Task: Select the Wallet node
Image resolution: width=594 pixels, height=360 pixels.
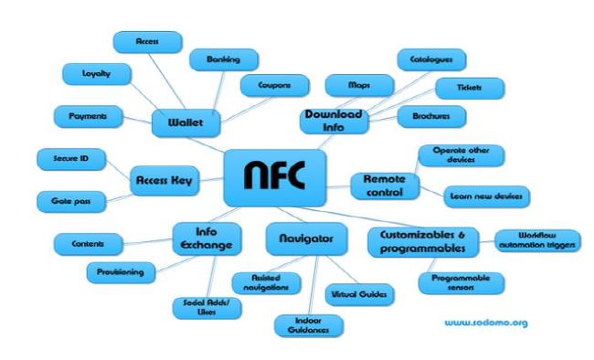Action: click(x=189, y=121)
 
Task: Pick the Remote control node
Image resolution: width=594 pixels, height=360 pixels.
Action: click(x=385, y=186)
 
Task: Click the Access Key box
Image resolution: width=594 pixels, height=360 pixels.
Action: click(x=165, y=180)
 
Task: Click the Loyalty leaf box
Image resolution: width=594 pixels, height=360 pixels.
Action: click(x=96, y=73)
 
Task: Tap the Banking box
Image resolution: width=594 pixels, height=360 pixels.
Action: click(x=223, y=60)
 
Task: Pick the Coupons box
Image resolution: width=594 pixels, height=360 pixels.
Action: click(x=274, y=85)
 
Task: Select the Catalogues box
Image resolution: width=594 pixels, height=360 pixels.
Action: click(x=431, y=60)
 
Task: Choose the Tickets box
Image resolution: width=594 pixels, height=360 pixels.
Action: click(x=469, y=89)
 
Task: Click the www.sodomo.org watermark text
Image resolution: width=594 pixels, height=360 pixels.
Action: click(x=486, y=323)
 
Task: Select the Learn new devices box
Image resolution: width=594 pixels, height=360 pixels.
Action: click(x=486, y=196)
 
